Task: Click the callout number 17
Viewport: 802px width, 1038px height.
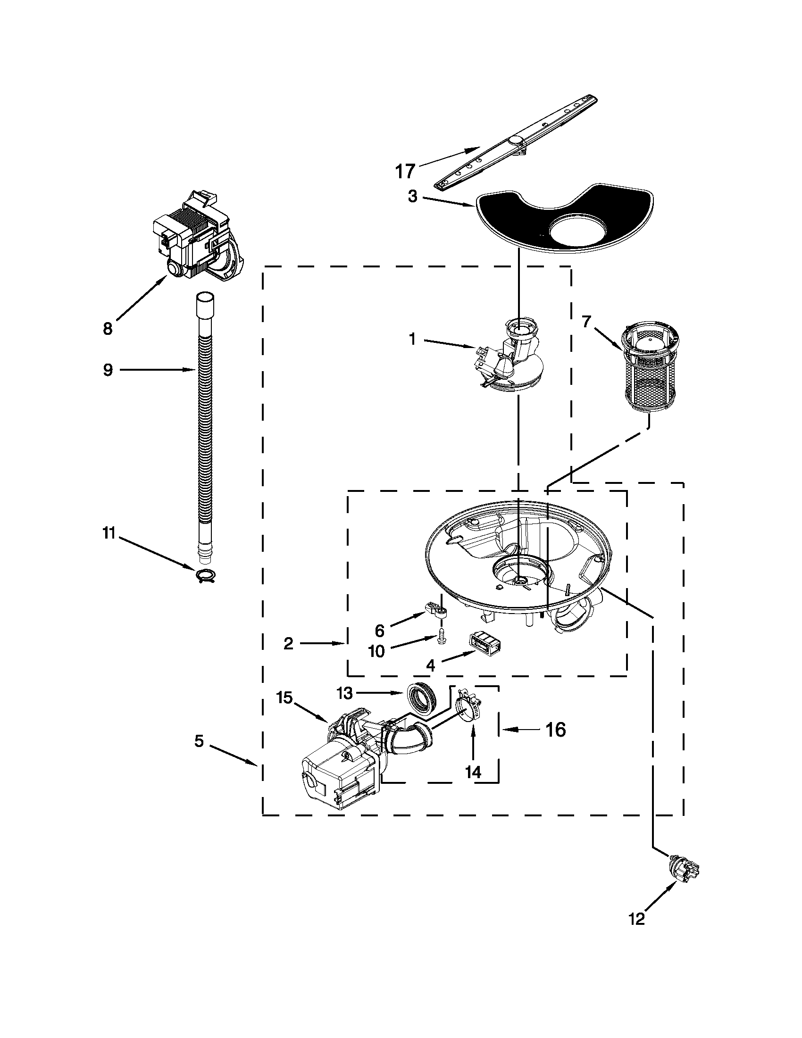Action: [x=405, y=171]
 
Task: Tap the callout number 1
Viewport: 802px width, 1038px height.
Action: [x=412, y=339]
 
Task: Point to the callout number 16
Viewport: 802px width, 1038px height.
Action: [x=555, y=730]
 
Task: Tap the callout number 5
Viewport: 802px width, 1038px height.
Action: [x=199, y=740]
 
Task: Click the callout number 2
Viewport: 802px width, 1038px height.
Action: [x=288, y=644]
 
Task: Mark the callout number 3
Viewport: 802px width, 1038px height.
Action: [x=412, y=196]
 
